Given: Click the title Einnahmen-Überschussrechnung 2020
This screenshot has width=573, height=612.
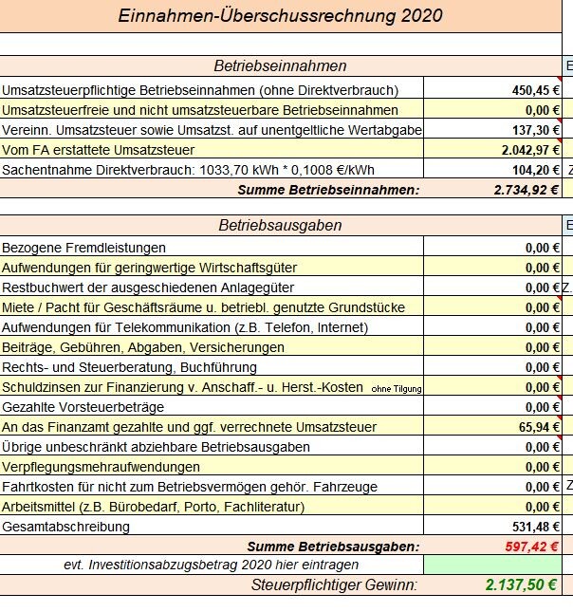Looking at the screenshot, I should [x=280, y=16].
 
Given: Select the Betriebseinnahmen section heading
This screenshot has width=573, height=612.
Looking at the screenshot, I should [x=280, y=66].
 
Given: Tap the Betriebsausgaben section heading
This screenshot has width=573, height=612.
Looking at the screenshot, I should [x=280, y=226].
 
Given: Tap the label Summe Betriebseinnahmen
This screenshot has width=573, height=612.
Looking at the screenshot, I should [x=328, y=190].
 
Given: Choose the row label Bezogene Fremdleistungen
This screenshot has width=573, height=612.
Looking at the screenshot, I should [x=83, y=248].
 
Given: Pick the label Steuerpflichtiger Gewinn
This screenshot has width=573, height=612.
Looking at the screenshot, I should [x=334, y=584].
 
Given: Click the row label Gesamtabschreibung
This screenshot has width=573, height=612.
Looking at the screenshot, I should [x=66, y=527].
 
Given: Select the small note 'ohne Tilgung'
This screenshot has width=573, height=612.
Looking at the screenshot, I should [x=396, y=388].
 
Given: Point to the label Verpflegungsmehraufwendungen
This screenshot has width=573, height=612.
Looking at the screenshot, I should [x=101, y=467].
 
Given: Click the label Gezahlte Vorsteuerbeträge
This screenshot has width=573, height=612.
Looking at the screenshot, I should [x=83, y=407].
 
